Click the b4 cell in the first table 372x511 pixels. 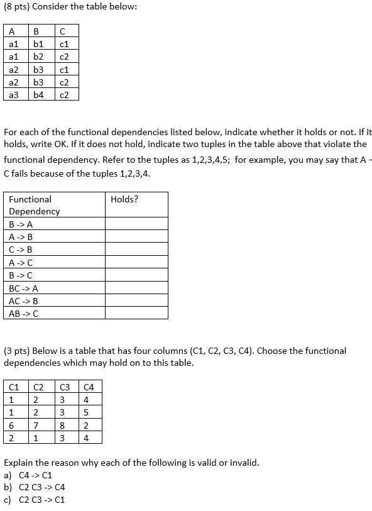click(x=38, y=95)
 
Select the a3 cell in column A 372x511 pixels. click(x=14, y=95)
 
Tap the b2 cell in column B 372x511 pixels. click(x=38, y=57)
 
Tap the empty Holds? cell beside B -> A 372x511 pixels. click(x=136, y=224)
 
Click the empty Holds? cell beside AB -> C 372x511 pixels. click(x=136, y=313)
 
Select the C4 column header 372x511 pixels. click(x=88, y=387)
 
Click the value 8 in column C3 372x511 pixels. click(x=63, y=425)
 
